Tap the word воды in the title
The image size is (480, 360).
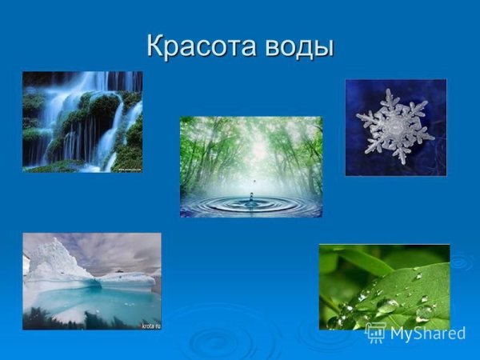(296, 46)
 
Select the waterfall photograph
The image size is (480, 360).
(82, 121)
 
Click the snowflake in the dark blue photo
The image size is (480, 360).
(395, 126)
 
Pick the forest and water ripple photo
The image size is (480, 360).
(250, 166)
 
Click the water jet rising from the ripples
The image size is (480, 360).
(250, 200)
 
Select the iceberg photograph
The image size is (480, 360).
(91, 281)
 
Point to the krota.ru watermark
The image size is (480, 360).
(150, 326)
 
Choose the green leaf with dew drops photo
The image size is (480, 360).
(384, 286)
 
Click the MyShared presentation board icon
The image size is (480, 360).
(375, 333)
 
